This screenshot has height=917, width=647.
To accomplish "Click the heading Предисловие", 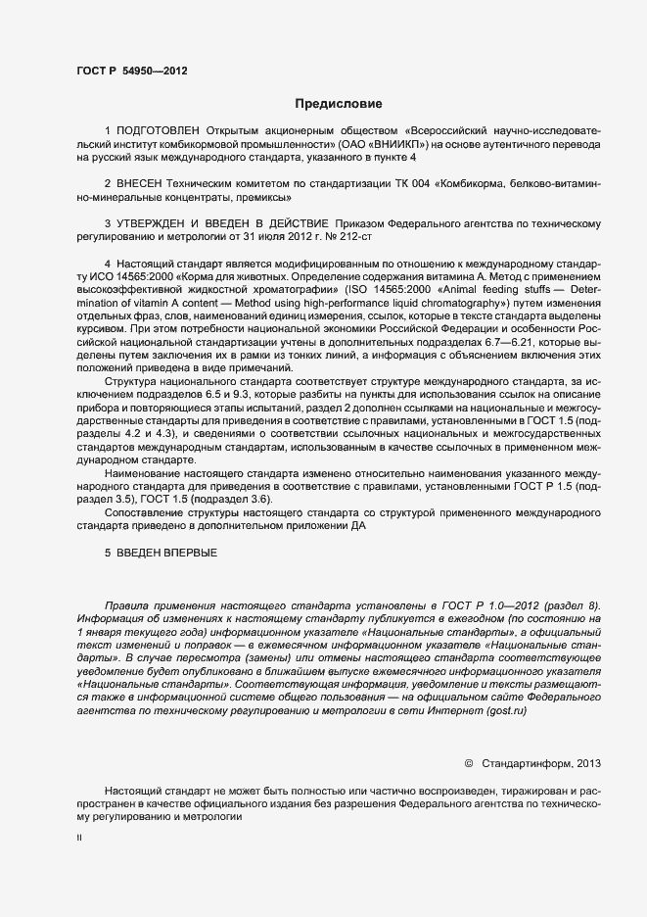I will point(339,103).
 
